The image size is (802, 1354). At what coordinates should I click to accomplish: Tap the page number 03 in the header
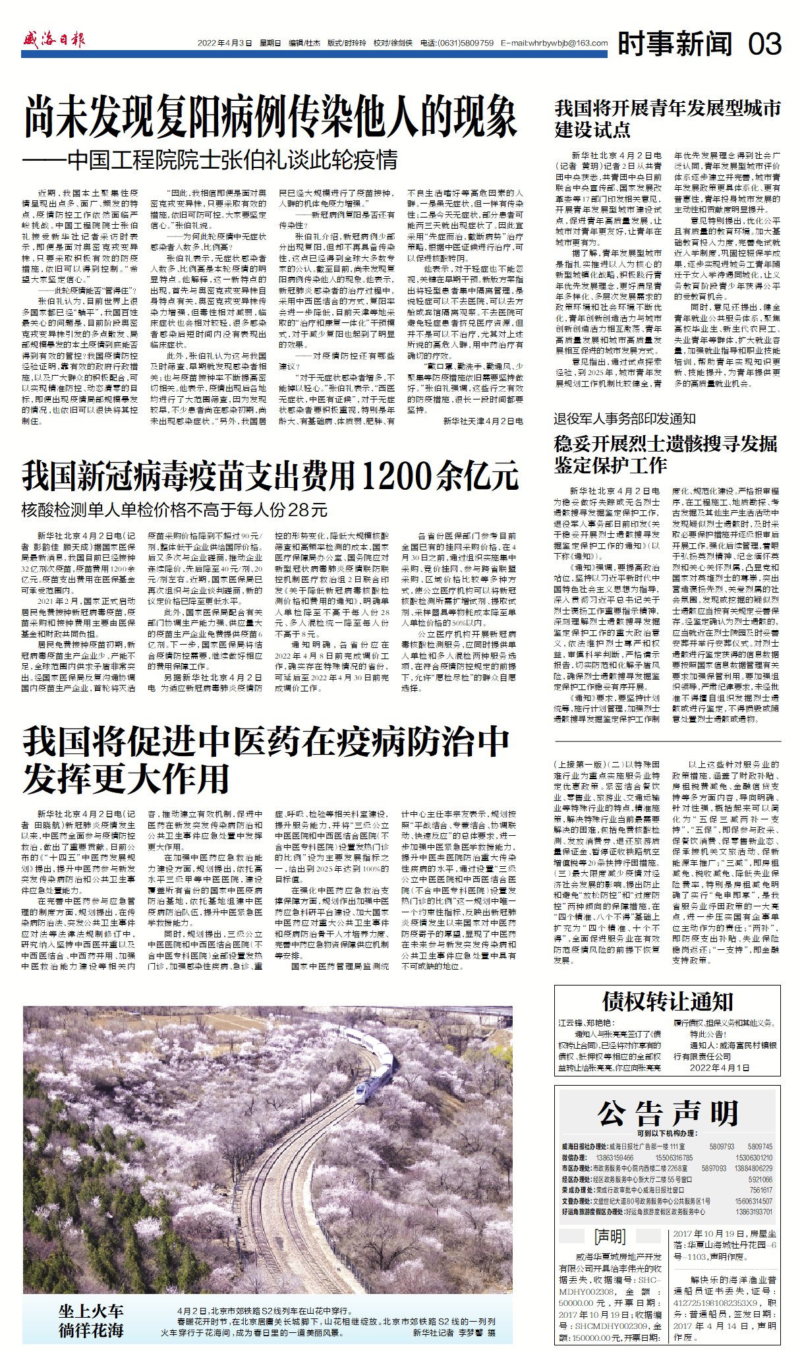click(x=764, y=44)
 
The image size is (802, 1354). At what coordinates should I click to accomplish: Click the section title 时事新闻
click(x=675, y=44)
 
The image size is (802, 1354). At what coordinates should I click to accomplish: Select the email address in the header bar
click(x=554, y=44)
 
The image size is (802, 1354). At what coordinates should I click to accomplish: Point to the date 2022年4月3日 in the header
click(x=225, y=44)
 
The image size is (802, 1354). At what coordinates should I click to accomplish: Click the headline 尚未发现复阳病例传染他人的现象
click(x=270, y=117)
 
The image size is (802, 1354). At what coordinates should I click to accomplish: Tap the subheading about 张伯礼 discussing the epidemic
click(x=210, y=160)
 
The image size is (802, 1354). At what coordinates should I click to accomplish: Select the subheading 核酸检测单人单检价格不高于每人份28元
click(x=175, y=510)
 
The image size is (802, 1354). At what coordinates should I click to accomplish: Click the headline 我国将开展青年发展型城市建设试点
click(x=667, y=119)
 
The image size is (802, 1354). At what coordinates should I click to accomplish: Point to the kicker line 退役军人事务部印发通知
click(x=625, y=419)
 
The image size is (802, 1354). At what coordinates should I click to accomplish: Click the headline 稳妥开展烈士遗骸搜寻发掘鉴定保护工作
click(x=666, y=454)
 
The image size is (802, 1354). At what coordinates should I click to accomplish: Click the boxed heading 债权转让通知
click(x=667, y=1003)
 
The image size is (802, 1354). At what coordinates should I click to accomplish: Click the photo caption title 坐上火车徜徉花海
click(x=91, y=1321)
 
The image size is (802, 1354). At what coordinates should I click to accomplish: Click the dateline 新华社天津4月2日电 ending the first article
click(x=482, y=421)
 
